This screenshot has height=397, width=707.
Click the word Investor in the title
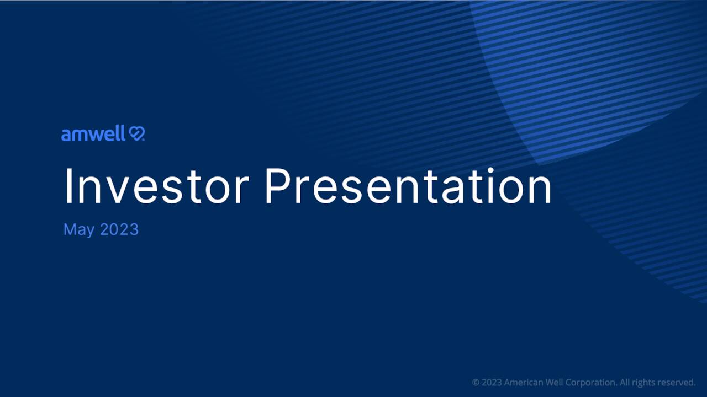click(156, 186)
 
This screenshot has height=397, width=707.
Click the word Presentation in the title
click(408, 186)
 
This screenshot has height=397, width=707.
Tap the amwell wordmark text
click(93, 134)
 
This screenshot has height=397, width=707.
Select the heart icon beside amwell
click(136, 134)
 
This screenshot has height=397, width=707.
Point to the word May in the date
click(78, 230)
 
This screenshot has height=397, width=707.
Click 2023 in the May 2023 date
click(119, 229)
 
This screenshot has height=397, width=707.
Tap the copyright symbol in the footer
click(476, 382)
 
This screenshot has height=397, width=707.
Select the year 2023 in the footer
click(492, 382)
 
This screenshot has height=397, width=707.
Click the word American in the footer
click(524, 382)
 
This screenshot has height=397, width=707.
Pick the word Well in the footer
click(555, 382)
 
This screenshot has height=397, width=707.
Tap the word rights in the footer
click(644, 382)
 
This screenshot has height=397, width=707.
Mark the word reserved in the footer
click(677, 382)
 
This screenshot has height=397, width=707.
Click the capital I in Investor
click(68, 186)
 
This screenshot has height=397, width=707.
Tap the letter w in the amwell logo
click(98, 135)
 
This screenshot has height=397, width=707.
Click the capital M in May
click(70, 229)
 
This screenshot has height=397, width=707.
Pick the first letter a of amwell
click(66, 135)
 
